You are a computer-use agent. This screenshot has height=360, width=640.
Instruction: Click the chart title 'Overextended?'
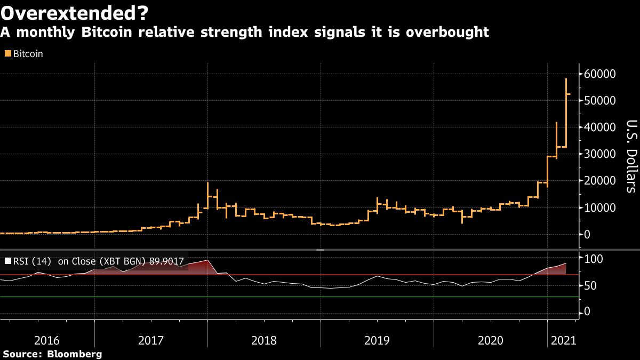point(75,11)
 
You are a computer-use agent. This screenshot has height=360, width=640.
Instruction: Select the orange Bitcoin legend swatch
point(7,54)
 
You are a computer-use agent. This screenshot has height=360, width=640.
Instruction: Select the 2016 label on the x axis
point(47,340)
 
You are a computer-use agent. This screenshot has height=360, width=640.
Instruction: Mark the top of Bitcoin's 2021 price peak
point(566,79)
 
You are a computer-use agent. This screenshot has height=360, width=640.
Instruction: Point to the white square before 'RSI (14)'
point(7,261)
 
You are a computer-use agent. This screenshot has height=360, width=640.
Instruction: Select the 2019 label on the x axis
point(377,340)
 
